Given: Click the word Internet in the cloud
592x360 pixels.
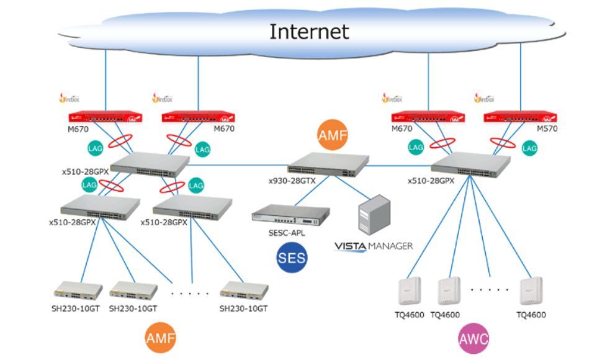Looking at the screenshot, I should pyautogui.click(x=308, y=30).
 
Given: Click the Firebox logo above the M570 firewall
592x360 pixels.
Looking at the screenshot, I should pyautogui.click(x=485, y=97).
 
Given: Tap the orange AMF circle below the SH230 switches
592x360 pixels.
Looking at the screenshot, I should pyautogui.click(x=161, y=339).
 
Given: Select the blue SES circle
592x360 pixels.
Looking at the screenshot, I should pyautogui.click(x=292, y=256).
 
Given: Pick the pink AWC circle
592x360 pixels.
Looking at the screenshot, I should pyautogui.click(x=473, y=339).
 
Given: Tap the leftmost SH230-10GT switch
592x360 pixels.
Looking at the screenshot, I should pyautogui.click(x=78, y=290).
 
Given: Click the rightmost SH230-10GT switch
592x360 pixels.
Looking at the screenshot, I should pyautogui.click(x=244, y=290).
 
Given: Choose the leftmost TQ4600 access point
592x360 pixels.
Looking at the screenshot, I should pyautogui.click(x=410, y=291).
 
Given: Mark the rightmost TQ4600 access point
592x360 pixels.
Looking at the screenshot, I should pyautogui.click(x=531, y=291).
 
